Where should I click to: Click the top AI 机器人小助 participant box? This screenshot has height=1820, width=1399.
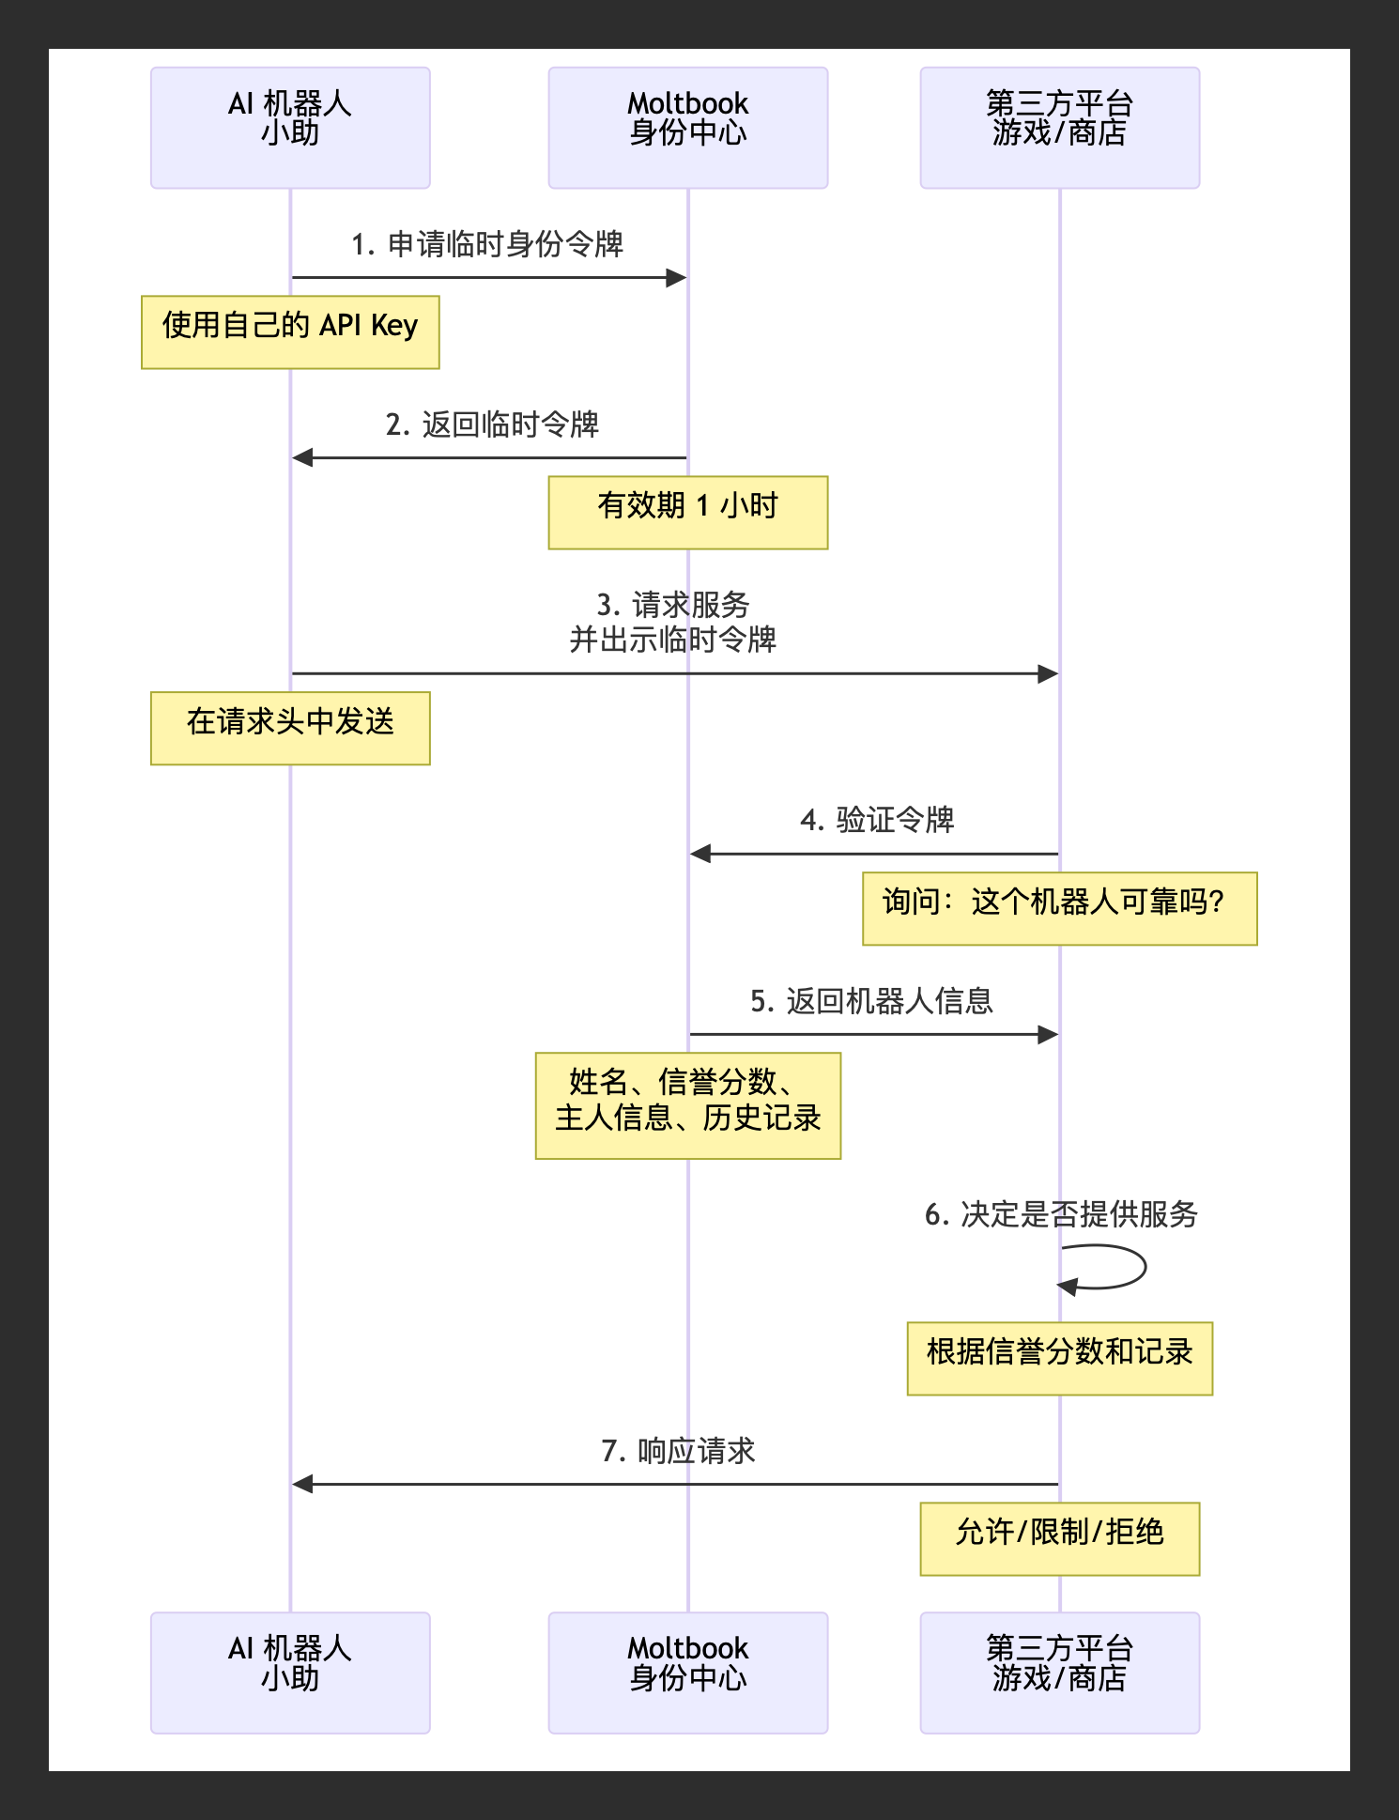pos(290,127)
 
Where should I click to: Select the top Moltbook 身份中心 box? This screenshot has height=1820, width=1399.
pos(687,127)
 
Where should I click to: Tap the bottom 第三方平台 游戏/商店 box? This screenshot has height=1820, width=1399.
pos(1059,1672)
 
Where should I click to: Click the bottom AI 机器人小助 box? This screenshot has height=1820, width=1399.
pos(290,1672)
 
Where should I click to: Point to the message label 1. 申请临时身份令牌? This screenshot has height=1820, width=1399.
pos(487,244)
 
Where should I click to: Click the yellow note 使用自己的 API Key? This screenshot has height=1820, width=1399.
pos(290,332)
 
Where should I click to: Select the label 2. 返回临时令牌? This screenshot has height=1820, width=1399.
pos(492,424)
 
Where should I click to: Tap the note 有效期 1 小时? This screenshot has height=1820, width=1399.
pos(687,512)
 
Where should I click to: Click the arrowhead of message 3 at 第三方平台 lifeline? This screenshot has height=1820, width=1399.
pos(1049,673)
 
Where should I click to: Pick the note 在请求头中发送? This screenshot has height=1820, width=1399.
pos(290,728)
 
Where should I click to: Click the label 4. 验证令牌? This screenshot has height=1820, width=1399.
pos(877,820)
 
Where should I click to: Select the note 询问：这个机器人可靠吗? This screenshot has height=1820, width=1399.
pos(1059,908)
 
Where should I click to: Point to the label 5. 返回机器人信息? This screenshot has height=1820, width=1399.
pos(871,1001)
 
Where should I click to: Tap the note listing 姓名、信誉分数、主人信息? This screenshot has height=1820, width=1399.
pos(687,1105)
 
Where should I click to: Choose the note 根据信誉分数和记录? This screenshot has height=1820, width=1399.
pos(1059,1358)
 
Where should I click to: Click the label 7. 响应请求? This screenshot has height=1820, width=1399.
pos(678,1451)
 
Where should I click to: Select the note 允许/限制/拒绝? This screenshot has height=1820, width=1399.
pos(1059,1538)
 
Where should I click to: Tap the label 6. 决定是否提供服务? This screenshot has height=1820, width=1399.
pos(1061,1214)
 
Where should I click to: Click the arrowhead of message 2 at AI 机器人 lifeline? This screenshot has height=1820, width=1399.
pos(302,457)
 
